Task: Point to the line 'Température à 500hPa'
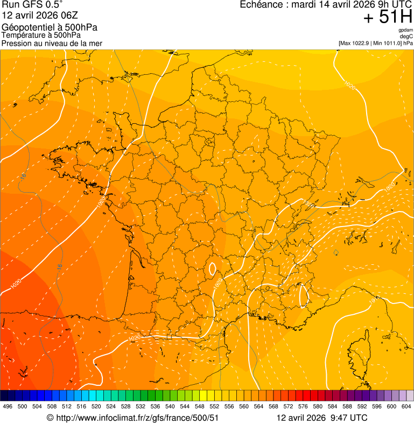pyautogui.click(x=41, y=36)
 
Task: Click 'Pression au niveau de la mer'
pyautogui.click(x=52, y=44)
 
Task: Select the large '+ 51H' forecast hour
pyautogui.click(x=388, y=17)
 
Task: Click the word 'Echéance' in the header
pyautogui.click(x=261, y=5)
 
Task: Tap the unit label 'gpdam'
pyautogui.click(x=405, y=30)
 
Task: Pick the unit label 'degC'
pyautogui.click(x=406, y=36)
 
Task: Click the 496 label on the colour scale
pyautogui.click(x=8, y=406)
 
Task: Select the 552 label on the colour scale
pyautogui.click(x=214, y=406)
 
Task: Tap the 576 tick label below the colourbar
pyautogui.click(x=303, y=406)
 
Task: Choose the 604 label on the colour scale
pyautogui.click(x=406, y=406)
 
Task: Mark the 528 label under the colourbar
pyautogui.click(x=125, y=406)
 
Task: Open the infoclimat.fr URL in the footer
pyautogui.click(x=138, y=418)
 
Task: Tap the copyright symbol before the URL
pyautogui.click(x=50, y=418)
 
